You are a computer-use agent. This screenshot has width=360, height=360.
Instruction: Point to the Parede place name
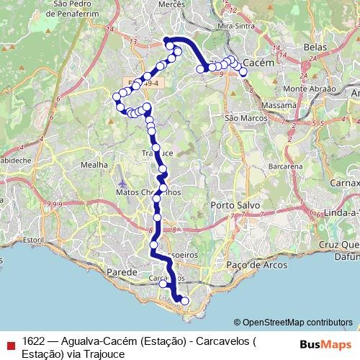pyautogui.click(x=121, y=272)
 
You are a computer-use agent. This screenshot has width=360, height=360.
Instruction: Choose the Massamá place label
pyautogui.click(x=281, y=104)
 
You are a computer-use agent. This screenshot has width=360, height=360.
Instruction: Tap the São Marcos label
pyautogui.click(x=242, y=117)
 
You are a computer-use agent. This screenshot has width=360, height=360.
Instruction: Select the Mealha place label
pyautogui.click(x=94, y=165)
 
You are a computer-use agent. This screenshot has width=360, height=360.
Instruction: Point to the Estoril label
pyautogui.click(x=33, y=239)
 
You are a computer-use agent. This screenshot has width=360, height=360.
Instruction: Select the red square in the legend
pyautogui.click(x=10, y=344)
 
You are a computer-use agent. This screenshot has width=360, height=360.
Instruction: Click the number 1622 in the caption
pyautogui.click(x=34, y=339)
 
